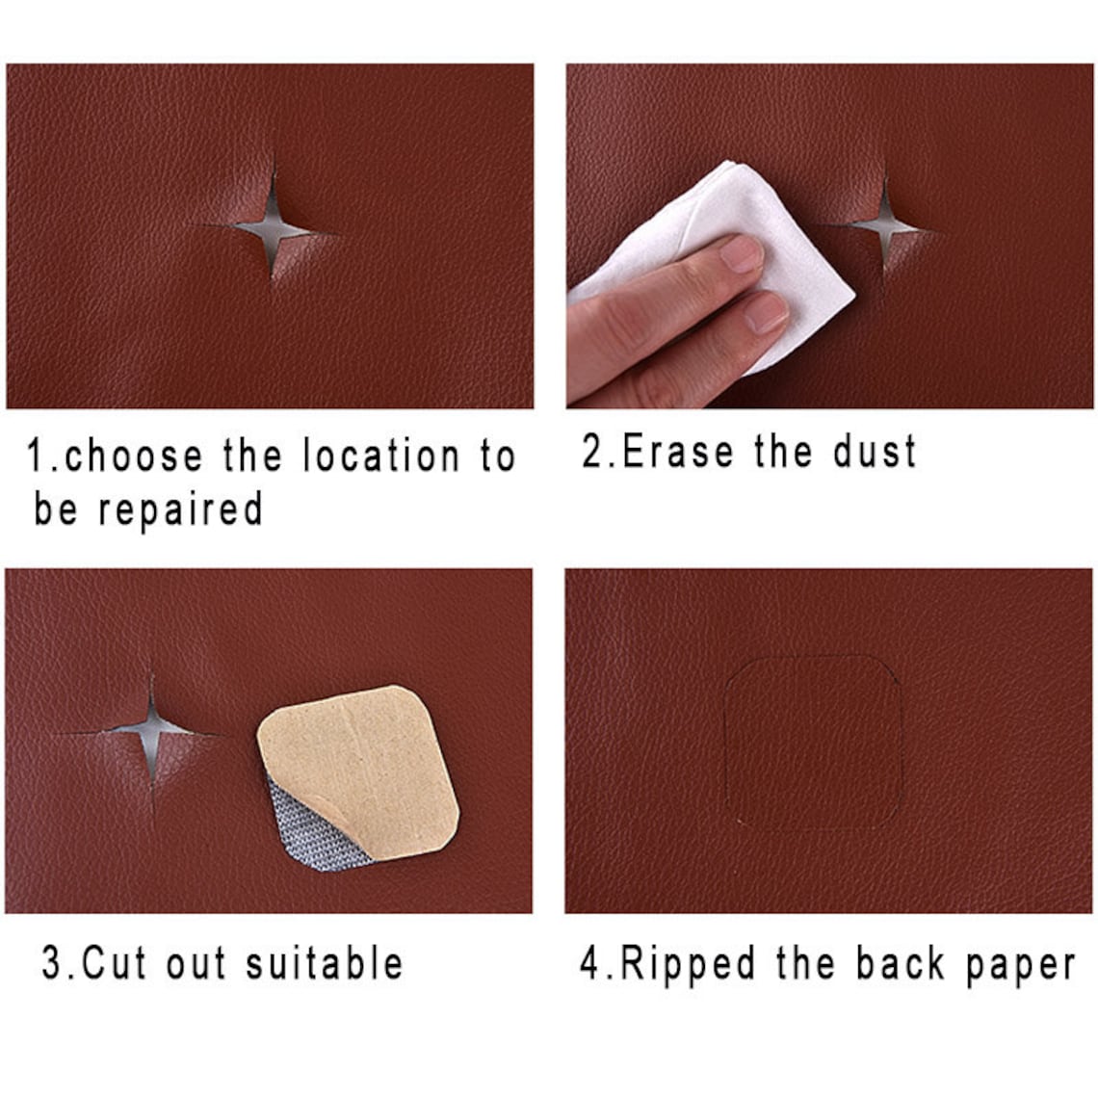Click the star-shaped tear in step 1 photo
(x=273, y=229)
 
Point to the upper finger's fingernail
(x=742, y=253)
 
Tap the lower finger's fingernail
(x=766, y=313)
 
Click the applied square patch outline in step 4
(x=813, y=743)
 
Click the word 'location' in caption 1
(x=381, y=456)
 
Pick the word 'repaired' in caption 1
(x=180, y=509)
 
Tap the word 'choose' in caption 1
(x=134, y=456)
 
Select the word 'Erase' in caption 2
(x=678, y=451)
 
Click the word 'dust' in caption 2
(x=875, y=451)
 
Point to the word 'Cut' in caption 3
(x=113, y=962)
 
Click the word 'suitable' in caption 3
(x=325, y=962)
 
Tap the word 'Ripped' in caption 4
(x=688, y=963)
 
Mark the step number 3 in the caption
(x=52, y=963)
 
